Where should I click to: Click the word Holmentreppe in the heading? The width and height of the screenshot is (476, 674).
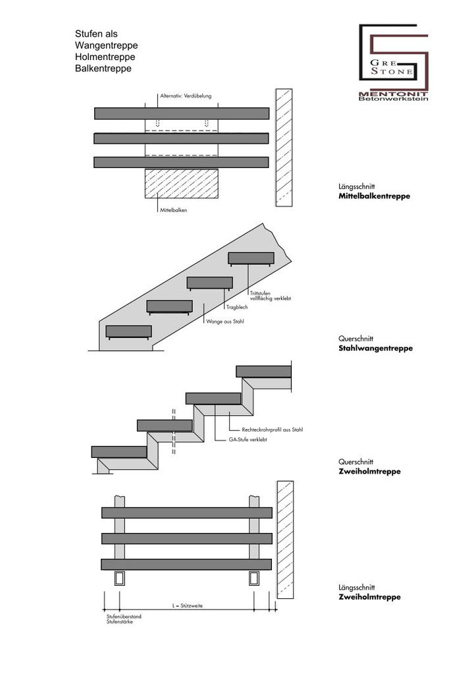106,57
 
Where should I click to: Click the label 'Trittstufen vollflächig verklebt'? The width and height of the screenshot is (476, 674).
270,296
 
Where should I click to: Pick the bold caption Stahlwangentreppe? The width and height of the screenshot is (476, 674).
375,348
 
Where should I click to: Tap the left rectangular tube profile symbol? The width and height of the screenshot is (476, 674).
119,578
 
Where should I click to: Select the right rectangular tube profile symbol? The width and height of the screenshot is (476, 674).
255,578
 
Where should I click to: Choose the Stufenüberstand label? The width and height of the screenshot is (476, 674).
124,616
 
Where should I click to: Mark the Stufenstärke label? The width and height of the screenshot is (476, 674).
119,622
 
